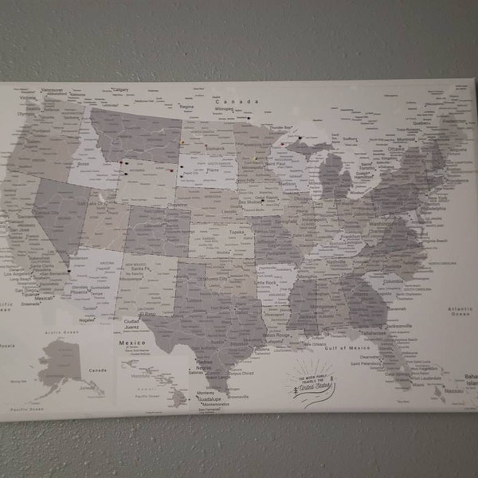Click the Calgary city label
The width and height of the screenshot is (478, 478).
[121, 90]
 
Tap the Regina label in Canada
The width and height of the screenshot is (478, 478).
[188, 105]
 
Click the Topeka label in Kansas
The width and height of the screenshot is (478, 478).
[237, 232]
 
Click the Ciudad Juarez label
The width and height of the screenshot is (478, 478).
[133, 324]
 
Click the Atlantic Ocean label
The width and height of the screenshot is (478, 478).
[460, 311]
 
